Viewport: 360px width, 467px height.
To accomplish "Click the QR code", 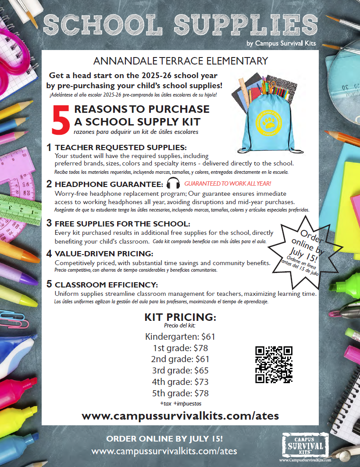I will pos(274,364).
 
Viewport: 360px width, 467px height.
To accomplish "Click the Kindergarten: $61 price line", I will pos(180,337).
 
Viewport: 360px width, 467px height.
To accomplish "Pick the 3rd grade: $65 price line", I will pos(180,370).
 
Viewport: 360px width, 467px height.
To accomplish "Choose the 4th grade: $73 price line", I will pos(180,381).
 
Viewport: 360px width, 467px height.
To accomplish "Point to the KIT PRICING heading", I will pos(180,317).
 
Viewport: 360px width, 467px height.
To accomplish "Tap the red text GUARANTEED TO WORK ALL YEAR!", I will pos(228,183).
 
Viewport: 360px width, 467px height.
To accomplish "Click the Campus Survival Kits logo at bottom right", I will pos(305,445).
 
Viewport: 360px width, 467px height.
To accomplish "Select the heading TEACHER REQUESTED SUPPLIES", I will pos(121,147).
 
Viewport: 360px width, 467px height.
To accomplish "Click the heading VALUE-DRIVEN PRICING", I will pos(104,254).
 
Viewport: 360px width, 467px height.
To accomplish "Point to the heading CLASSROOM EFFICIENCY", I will pos(106,284).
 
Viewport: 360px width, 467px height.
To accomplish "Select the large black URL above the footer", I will pos(180,415).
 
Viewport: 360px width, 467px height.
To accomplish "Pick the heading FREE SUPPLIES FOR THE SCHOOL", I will pos(122,223).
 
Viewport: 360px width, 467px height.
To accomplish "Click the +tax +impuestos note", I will pos(180,403).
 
